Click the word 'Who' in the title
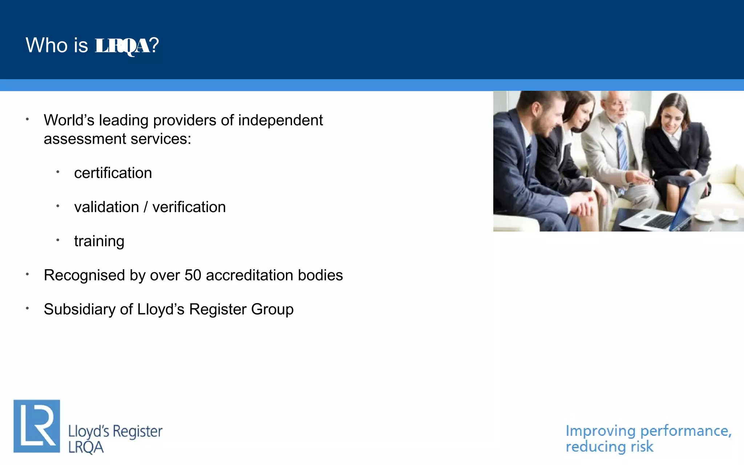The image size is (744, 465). click(x=47, y=45)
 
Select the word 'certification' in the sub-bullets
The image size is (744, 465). click(x=113, y=173)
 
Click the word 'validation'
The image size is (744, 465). click(x=106, y=207)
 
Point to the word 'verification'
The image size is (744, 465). click(x=189, y=207)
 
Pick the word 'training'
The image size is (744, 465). click(x=99, y=242)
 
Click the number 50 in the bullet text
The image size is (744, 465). click(x=193, y=275)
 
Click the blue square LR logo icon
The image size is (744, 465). click(x=37, y=426)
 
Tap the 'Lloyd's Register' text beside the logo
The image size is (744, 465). click(x=115, y=432)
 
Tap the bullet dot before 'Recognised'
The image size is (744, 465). click(x=27, y=274)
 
